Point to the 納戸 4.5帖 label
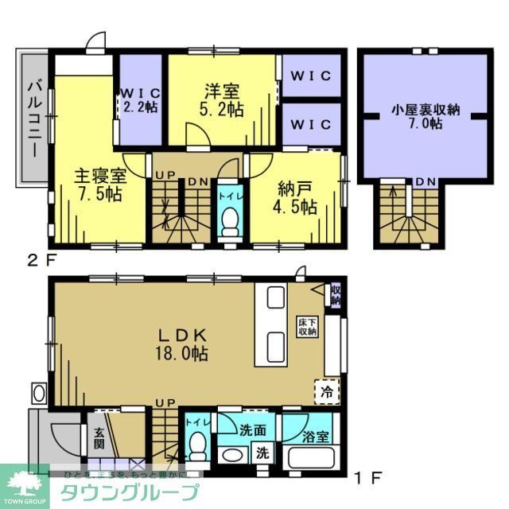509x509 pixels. (x=297, y=196)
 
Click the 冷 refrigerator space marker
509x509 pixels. (x=328, y=391)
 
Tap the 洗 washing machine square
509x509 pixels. (x=262, y=455)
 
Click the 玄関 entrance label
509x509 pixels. (x=100, y=437)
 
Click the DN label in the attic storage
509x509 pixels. (x=425, y=182)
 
